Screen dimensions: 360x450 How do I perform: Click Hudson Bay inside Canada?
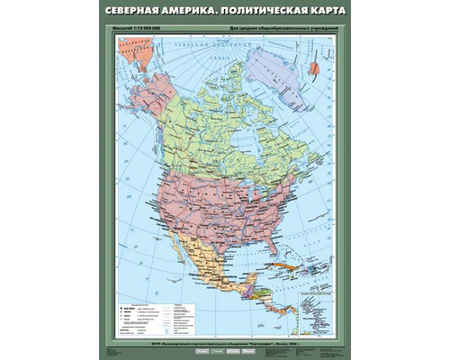click(239, 135)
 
